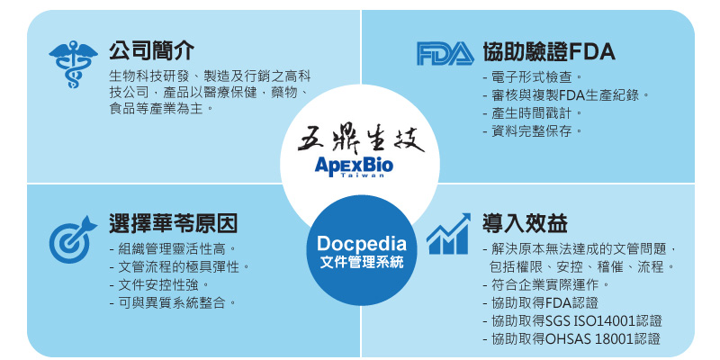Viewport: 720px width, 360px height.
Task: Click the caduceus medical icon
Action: pos(73,64)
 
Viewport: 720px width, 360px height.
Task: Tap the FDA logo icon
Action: pos(445,53)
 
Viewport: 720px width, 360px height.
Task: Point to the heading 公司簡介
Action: pos(151,50)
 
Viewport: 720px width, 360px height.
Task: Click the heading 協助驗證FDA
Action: pos(549,51)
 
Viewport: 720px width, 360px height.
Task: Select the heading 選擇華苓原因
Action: pos(173,223)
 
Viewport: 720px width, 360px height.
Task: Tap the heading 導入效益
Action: pos(526,223)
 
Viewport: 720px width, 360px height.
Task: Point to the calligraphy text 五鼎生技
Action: pos(361,139)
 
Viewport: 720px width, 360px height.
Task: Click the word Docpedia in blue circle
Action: pos(362,244)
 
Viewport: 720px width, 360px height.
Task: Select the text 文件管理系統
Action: pos(362,264)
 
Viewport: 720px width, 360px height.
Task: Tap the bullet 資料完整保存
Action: pos(533,131)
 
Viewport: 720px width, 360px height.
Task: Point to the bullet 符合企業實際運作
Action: pos(547,285)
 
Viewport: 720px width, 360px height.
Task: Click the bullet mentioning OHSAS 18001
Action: pos(571,339)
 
